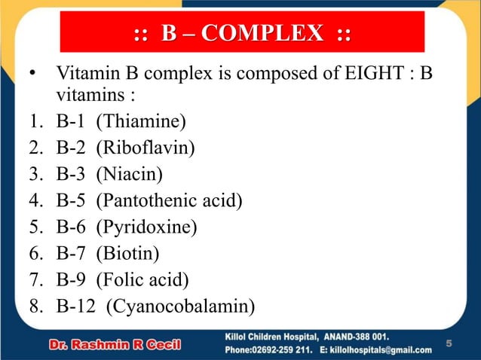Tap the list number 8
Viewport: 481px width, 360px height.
point(32,307)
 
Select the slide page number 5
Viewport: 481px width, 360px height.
point(449,344)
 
